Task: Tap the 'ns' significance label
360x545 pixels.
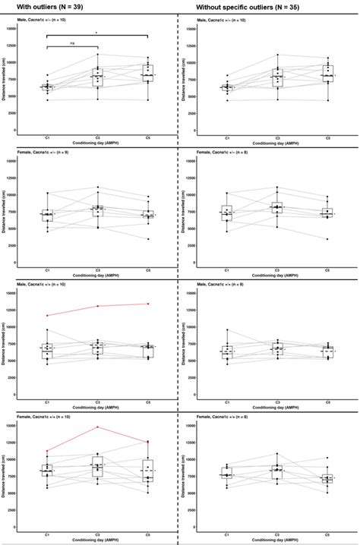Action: (71, 43)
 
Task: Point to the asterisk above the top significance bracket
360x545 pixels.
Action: (96, 33)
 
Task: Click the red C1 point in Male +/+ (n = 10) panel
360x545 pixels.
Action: (47, 316)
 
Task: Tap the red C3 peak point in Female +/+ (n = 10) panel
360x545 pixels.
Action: (97, 427)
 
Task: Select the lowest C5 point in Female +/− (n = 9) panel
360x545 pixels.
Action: (148, 239)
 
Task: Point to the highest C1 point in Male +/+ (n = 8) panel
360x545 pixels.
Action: (226, 330)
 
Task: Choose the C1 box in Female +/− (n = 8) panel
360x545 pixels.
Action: (226, 213)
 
